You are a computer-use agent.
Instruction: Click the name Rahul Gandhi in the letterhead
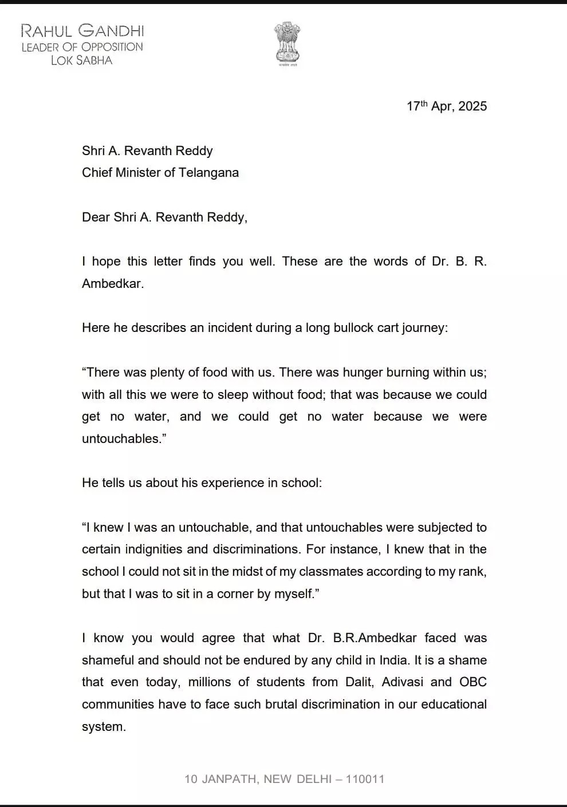[82, 30]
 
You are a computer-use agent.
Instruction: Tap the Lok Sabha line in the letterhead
[81, 60]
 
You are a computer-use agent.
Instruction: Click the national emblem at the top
[287, 43]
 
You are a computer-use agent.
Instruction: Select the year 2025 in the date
[472, 106]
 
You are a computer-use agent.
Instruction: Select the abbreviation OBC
[473, 682]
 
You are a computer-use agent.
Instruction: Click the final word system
[103, 727]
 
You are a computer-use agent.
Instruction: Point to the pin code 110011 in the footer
[365, 779]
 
